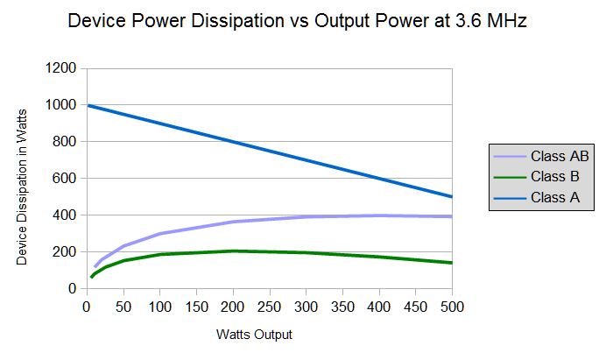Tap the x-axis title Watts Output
(x=254, y=335)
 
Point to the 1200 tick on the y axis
(x=61, y=68)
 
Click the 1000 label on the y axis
(x=61, y=105)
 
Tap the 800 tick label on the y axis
(x=65, y=142)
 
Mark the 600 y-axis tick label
(x=65, y=179)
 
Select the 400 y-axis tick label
(x=65, y=215)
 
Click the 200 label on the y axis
(x=65, y=252)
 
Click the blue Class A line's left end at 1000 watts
(x=88, y=106)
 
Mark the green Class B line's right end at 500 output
(x=451, y=263)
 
